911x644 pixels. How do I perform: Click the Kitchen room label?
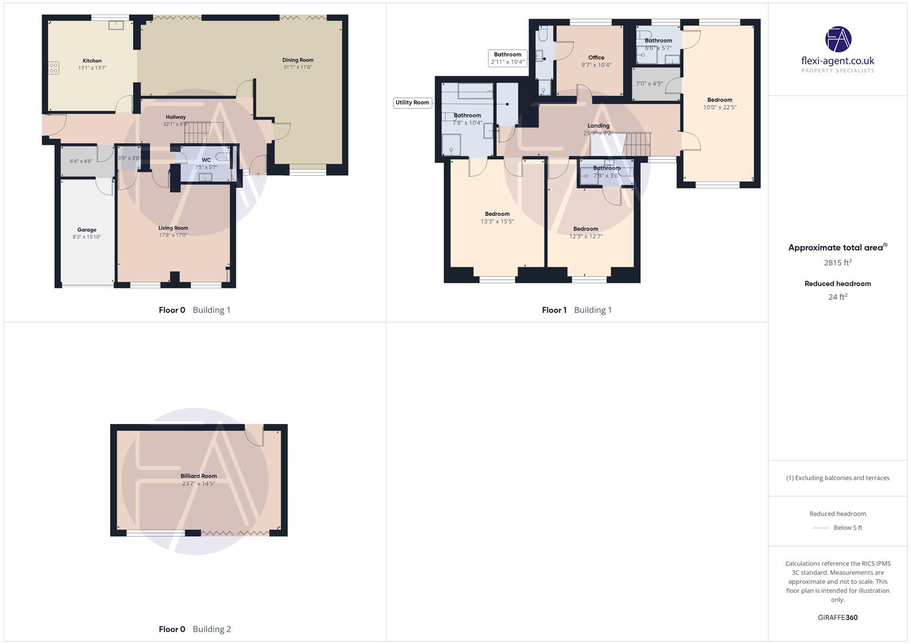[92, 61]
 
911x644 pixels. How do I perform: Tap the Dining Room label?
[298, 60]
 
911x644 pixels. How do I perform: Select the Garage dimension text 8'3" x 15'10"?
[87, 237]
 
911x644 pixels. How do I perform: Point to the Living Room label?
[173, 228]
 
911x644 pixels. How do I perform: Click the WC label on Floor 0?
[206, 160]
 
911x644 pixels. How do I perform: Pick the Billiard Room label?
[199, 476]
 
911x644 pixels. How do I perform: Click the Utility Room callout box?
[412, 103]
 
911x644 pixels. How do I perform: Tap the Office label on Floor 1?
[596, 58]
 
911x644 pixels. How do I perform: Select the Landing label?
[598, 126]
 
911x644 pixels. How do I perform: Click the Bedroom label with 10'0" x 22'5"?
[719, 100]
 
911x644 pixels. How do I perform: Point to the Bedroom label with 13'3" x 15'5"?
[497, 214]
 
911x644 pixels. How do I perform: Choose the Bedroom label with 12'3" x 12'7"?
[585, 229]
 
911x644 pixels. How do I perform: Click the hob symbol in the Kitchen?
[54, 68]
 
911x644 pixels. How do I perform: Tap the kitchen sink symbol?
[116, 25]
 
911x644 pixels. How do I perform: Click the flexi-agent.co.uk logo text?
[837, 61]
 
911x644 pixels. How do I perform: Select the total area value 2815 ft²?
[837, 262]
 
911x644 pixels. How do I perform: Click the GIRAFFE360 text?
[837, 618]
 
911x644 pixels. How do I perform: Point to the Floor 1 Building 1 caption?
[576, 310]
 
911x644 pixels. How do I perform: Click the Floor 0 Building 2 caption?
[194, 629]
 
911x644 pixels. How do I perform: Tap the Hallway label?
[175, 117]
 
